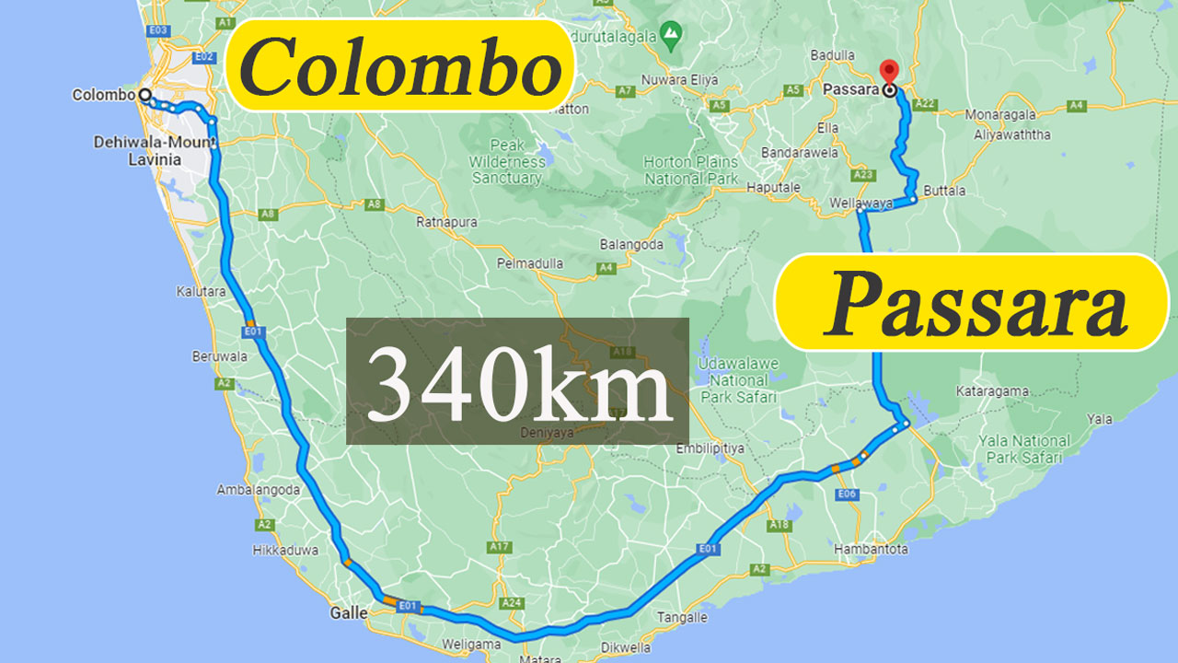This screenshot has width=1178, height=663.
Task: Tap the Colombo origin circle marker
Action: pos(144,94)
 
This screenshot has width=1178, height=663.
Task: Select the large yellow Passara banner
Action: pos(973,302)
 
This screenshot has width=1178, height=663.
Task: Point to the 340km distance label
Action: pos(517,381)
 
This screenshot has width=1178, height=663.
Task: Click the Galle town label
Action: pos(349,612)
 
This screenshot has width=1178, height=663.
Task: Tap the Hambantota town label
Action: pos(871,549)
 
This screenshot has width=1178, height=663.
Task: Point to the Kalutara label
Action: pos(201,291)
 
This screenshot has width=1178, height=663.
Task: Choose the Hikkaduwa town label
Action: pos(285,551)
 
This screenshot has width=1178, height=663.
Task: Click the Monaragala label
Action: pos(1000,115)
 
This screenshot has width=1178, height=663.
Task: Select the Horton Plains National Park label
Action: pos(690,170)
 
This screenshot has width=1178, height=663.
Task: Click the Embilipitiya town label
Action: pos(710,448)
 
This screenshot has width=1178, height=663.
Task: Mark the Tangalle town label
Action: pos(683,618)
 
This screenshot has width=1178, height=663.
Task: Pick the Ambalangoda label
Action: pos(259,490)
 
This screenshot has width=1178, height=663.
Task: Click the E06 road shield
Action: pos(848,494)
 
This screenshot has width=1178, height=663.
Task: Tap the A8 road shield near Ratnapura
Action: pos(373,204)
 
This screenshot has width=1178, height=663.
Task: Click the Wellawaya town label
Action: pos(860,202)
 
